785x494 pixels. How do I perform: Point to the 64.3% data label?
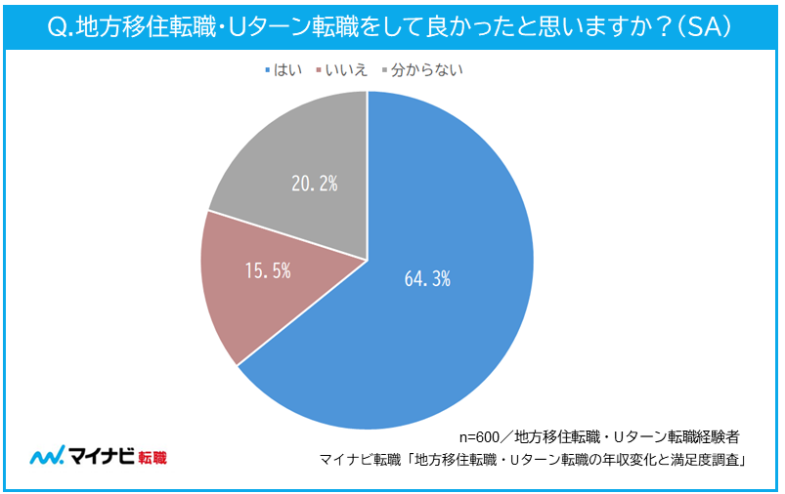point(426,278)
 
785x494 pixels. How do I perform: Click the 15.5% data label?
point(268,271)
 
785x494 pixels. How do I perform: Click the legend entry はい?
point(289,69)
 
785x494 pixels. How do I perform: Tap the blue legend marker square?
point(270,70)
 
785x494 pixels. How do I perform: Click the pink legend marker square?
point(317,70)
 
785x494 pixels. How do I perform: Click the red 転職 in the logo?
point(152,458)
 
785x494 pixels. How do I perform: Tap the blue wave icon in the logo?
point(46,457)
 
